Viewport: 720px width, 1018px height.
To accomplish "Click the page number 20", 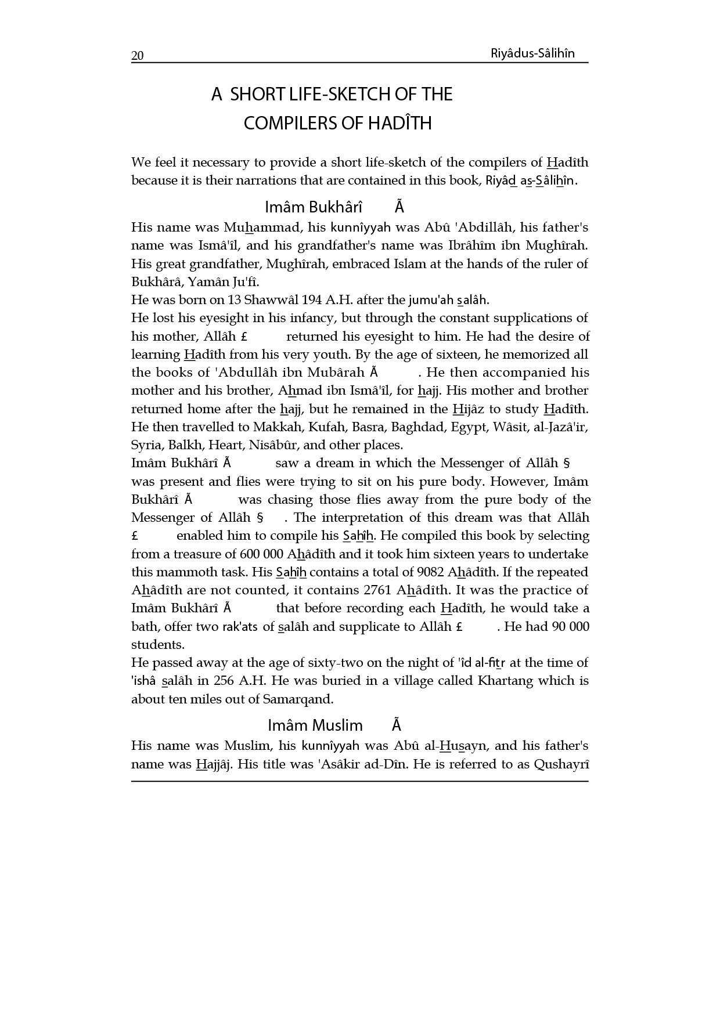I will [138, 56].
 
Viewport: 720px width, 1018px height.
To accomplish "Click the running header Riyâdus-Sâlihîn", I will [532, 53].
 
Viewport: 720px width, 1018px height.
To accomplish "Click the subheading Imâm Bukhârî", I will [314, 207].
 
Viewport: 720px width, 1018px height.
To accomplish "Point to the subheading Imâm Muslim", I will [315, 725].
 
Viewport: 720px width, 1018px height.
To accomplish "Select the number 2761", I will [378, 590].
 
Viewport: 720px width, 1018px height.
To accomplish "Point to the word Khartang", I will [505, 681].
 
